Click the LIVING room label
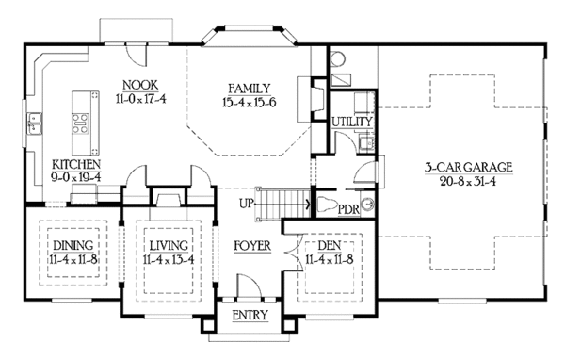tap(166, 246)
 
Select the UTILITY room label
tap(352, 123)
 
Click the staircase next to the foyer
tap(286, 203)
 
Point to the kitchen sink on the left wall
tap(36, 122)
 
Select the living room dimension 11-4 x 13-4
tap(166, 259)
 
